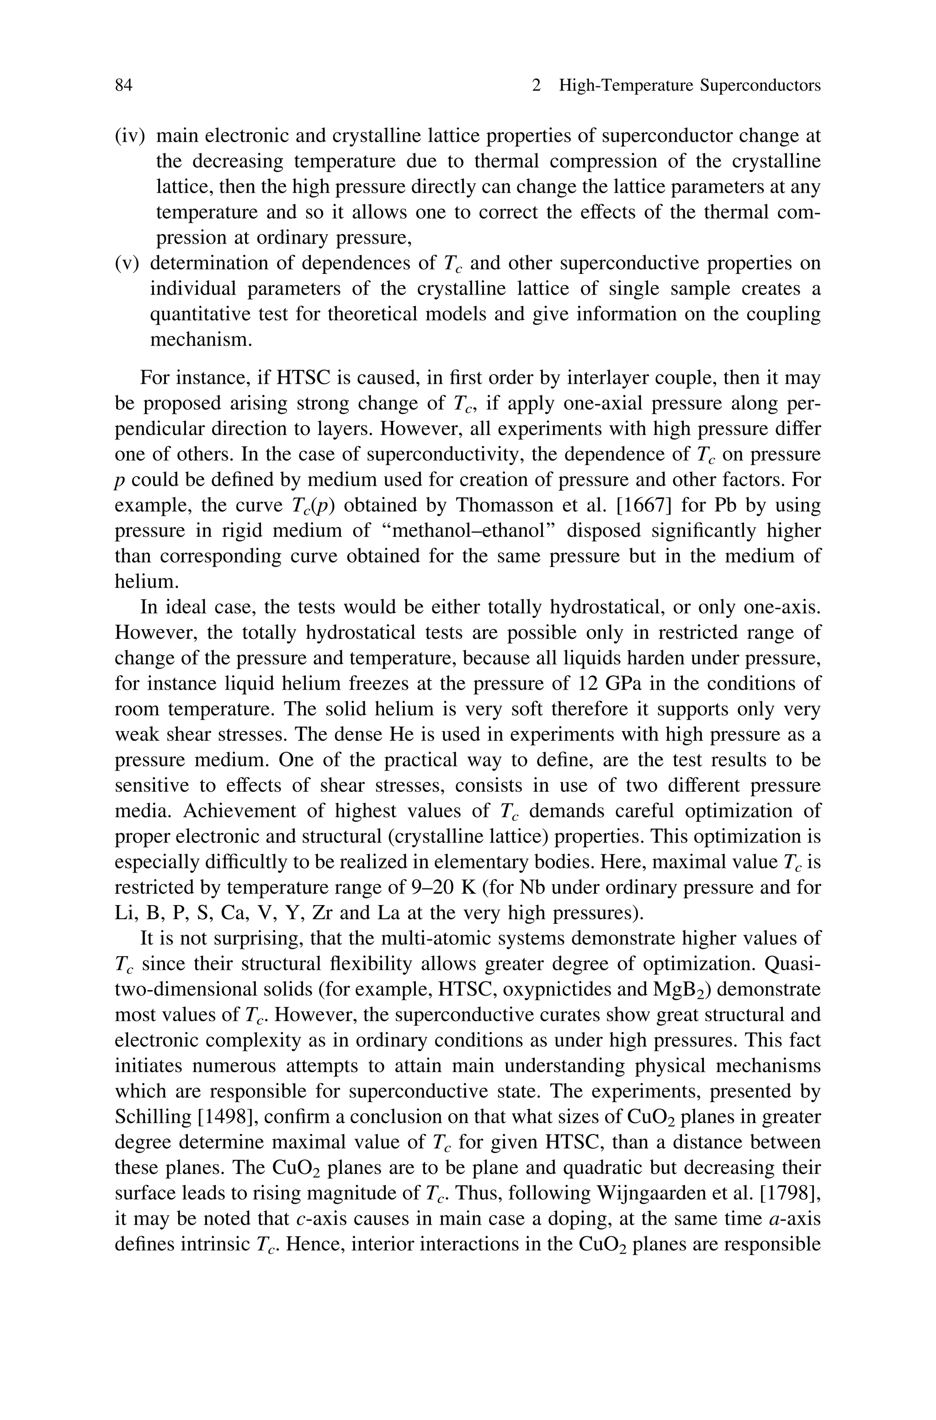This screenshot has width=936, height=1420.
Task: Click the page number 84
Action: point(123,86)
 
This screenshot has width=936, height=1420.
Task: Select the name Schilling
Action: point(152,1117)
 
